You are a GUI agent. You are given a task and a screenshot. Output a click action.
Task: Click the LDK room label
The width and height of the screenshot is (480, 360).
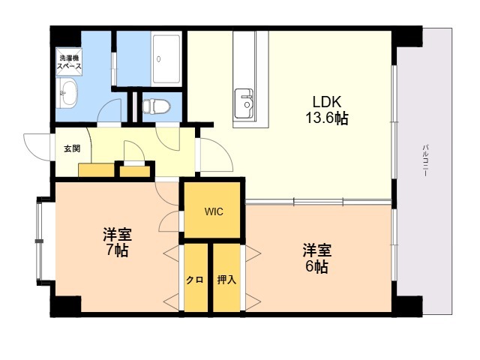pyautogui.click(x=327, y=101)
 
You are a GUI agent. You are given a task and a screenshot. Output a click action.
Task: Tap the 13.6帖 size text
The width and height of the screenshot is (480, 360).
pyautogui.click(x=327, y=118)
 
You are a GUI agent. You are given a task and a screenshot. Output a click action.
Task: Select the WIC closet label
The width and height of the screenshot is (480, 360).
pyautogui.click(x=214, y=211)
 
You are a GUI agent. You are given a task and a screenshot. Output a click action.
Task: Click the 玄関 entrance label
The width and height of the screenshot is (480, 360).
pyautogui.click(x=72, y=148)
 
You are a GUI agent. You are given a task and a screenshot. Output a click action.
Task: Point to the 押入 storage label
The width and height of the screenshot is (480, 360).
pyautogui.click(x=226, y=280)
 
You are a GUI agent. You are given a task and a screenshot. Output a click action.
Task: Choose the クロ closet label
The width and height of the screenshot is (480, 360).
pyautogui.click(x=195, y=280)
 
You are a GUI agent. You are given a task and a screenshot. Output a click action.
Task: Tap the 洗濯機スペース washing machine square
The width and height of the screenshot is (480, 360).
pyautogui.click(x=69, y=61)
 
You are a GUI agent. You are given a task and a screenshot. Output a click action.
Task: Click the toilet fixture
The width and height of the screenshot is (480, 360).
pyautogui.click(x=156, y=106)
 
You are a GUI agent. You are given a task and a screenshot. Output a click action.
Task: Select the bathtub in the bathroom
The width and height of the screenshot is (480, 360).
pyautogui.click(x=166, y=59)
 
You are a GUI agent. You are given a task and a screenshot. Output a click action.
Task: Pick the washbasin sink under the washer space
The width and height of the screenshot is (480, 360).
pyautogui.click(x=67, y=92)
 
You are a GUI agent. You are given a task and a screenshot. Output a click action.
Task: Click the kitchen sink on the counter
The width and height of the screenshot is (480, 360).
pyautogui.click(x=244, y=103)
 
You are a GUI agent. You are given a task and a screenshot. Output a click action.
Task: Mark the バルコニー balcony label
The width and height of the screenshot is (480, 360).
pyautogui.click(x=425, y=160)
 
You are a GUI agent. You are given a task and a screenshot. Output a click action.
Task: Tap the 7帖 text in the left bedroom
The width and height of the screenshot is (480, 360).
pyautogui.click(x=117, y=250)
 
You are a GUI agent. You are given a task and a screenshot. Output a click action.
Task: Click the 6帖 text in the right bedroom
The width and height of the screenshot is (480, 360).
pyautogui.click(x=316, y=267)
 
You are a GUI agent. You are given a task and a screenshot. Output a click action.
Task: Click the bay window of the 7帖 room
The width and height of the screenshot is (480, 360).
pyautogui.click(x=40, y=241)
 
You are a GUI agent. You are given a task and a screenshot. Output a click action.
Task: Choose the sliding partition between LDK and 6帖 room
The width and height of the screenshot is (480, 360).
pyautogui.click(x=318, y=202)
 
